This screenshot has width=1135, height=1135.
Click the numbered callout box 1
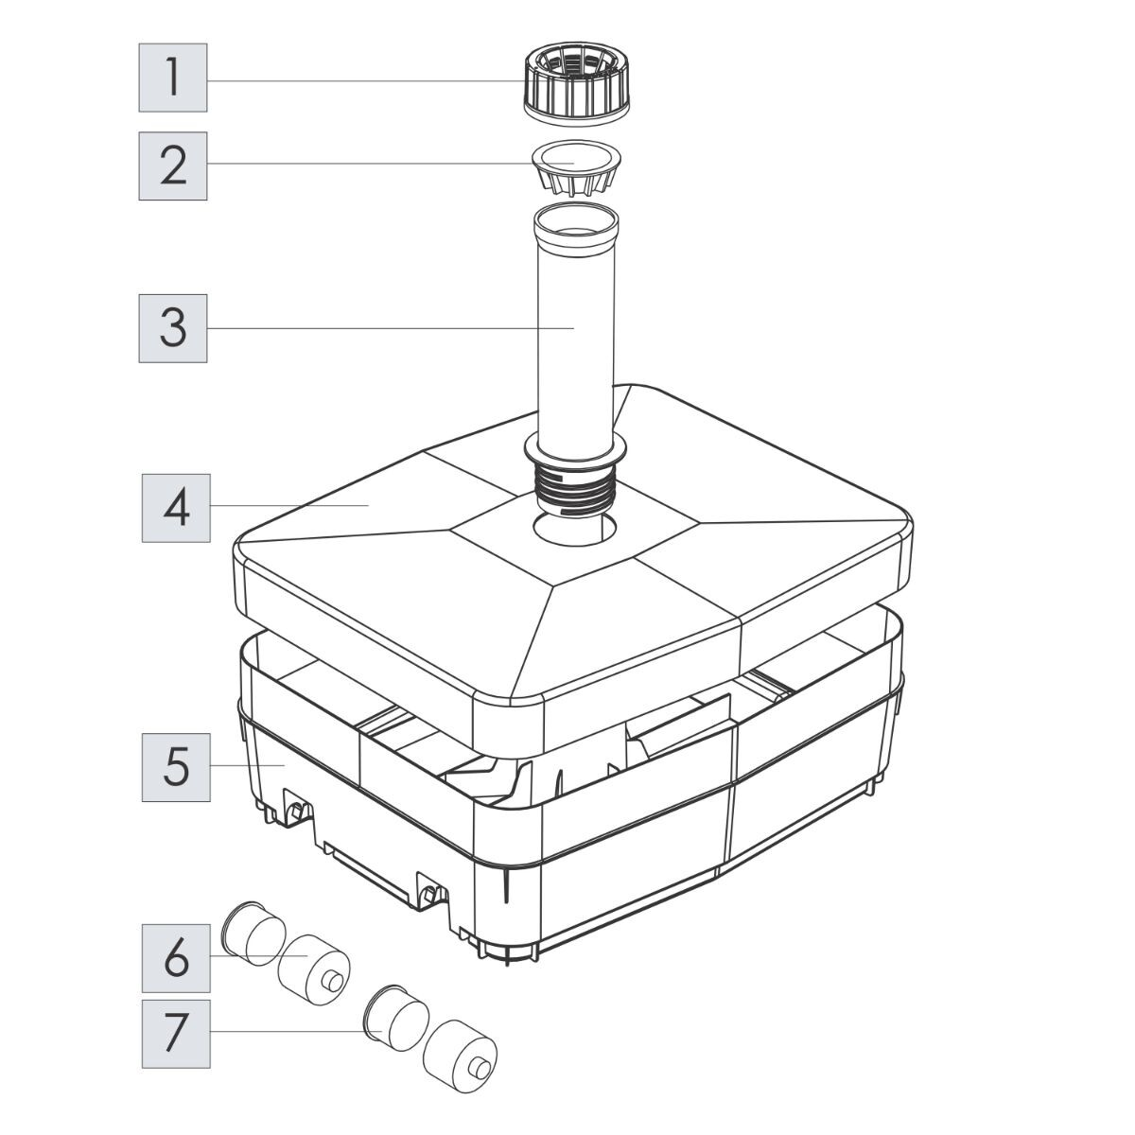pyautogui.click(x=172, y=78)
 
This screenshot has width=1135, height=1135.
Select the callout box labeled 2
pyautogui.click(x=172, y=166)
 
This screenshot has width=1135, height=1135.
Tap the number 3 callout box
pyautogui.click(x=172, y=328)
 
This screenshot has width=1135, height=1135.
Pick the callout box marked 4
pyautogui.click(x=176, y=508)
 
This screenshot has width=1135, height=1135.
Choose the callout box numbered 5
pyautogui.click(x=176, y=767)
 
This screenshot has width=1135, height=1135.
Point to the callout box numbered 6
pyautogui.click(x=176, y=958)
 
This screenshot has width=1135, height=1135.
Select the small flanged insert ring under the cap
pyautogui.click(x=576, y=167)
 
